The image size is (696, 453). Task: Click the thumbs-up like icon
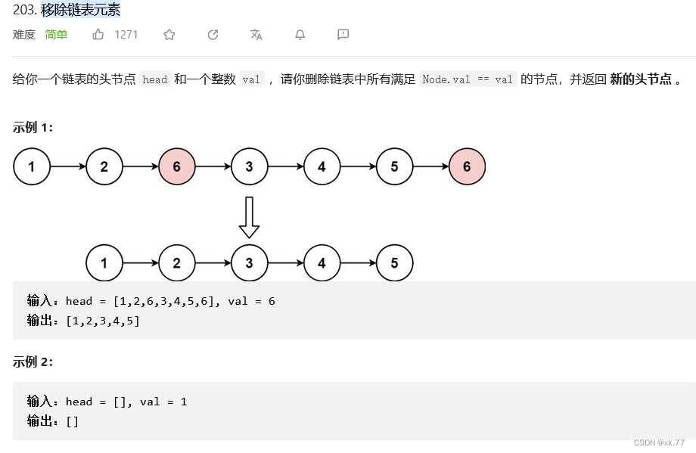98,34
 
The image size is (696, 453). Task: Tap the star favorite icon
169,34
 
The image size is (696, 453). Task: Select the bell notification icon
300,34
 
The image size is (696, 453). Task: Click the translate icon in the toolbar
256,34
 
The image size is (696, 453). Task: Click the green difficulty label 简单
56,34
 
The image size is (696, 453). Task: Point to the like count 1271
126,34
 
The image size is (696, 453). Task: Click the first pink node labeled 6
177,167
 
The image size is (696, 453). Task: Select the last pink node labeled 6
467,167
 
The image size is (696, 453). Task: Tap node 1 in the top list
32,167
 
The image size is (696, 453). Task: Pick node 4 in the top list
322,167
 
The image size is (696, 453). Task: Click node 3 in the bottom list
250,263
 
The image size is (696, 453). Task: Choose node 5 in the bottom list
394,263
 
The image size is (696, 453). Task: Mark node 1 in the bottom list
104,263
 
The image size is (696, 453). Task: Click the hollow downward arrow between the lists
249,217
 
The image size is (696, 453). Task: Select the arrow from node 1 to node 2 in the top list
68,167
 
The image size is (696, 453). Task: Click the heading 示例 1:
33,127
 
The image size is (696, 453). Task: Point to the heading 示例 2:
33,361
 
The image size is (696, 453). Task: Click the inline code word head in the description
154,79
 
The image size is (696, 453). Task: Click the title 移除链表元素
80,11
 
